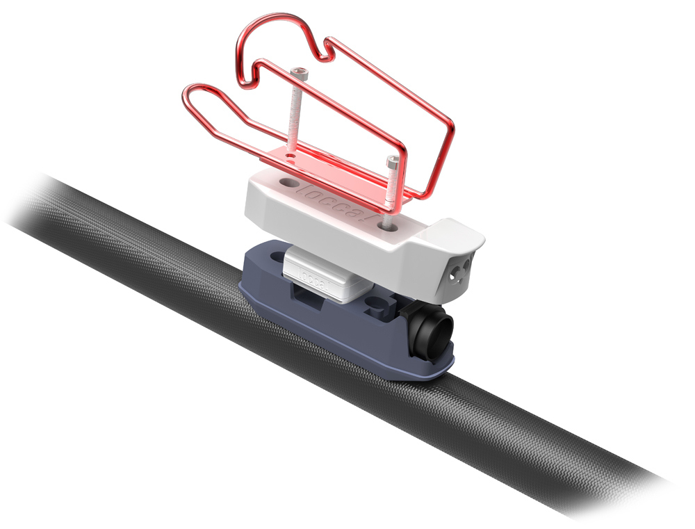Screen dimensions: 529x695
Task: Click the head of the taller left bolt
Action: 299,72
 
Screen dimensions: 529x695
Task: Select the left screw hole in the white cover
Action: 287,182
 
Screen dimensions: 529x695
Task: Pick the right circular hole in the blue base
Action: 377,304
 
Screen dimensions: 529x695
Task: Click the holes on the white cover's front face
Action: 459,273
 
